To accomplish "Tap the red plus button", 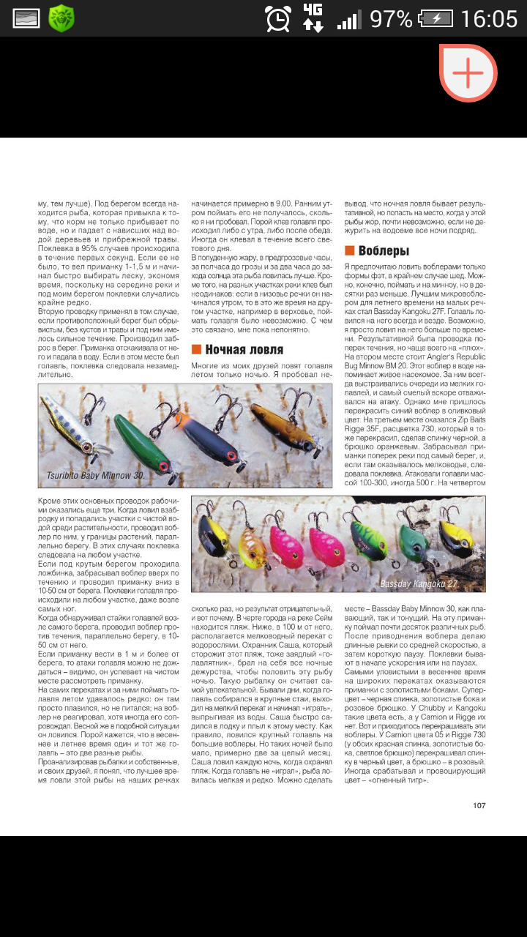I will pos(468,72).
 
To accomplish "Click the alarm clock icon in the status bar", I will pos(278,18).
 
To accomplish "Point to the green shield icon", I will pos(61,18).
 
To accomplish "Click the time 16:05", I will pos(489,18).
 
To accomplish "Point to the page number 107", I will pos(479,805).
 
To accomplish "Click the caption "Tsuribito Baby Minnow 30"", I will pos(95,475).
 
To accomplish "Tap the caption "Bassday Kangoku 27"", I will pos(428,583).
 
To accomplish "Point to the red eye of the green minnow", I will pos(163,466).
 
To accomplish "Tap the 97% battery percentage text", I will pos(391,18).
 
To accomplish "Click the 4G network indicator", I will pos(313,18).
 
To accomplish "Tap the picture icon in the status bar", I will pos(26,18).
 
